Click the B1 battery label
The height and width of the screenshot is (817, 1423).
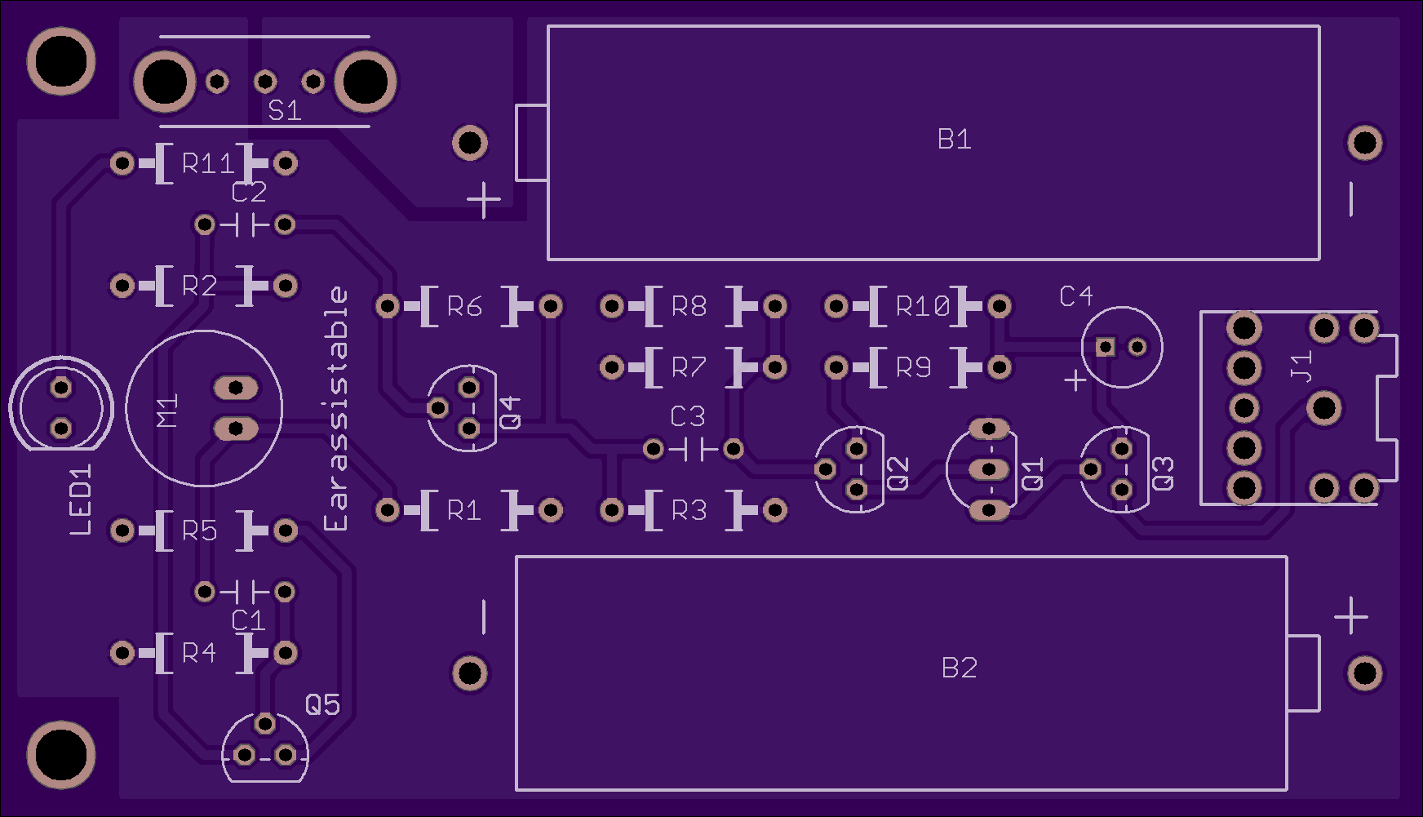pyautogui.click(x=954, y=140)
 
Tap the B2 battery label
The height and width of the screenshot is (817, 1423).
pyautogui.click(x=959, y=668)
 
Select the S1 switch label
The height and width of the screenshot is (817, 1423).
pyautogui.click(x=285, y=110)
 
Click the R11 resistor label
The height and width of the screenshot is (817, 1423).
pyautogui.click(x=208, y=163)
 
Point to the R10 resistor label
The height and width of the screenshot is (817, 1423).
pyautogui.click(x=923, y=306)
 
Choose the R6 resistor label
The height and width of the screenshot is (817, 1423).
pyautogui.click(x=464, y=306)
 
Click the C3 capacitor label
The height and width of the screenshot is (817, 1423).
pyautogui.click(x=687, y=416)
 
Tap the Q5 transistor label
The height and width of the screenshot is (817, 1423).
pyautogui.click(x=322, y=704)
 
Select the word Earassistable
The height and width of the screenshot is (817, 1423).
pyautogui.click(x=335, y=408)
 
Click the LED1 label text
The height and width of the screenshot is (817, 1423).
pyautogui.click(x=81, y=500)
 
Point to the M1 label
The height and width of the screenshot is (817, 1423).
pyautogui.click(x=166, y=411)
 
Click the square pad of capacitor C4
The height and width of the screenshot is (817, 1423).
pyautogui.click(x=1106, y=347)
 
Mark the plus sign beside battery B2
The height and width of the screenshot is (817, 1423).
pyautogui.click(x=1351, y=615)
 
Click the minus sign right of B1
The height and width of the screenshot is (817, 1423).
pyautogui.click(x=1351, y=199)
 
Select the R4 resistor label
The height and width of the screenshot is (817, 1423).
pyautogui.click(x=199, y=653)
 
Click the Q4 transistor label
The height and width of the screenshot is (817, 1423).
pyautogui.click(x=510, y=413)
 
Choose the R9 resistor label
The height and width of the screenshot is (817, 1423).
pyautogui.click(x=914, y=367)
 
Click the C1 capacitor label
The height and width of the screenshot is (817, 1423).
pyautogui.click(x=248, y=621)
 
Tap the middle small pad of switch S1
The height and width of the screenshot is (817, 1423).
pyautogui.click(x=265, y=81)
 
